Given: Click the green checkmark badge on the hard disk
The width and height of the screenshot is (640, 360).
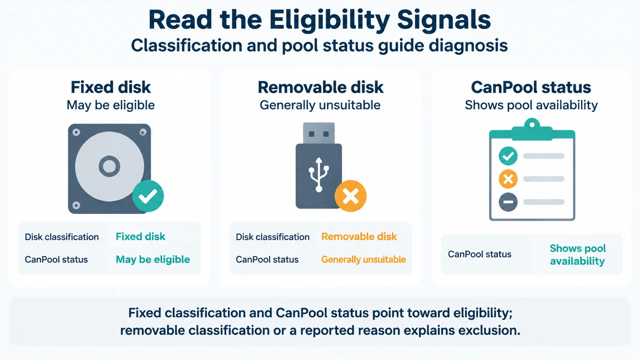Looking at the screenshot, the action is (148, 196).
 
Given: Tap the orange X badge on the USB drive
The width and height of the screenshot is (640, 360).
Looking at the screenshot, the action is (350, 196).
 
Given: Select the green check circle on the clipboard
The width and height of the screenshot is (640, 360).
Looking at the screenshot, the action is (508, 156).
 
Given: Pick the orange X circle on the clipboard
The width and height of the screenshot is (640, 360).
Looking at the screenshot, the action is (508, 179).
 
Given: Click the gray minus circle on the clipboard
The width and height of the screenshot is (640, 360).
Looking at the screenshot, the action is (508, 202).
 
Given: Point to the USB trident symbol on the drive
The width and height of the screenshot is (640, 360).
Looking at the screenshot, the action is (319, 174).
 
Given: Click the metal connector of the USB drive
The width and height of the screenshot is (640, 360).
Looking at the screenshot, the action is (319, 133).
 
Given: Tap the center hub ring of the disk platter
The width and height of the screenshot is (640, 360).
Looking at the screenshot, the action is (109, 166).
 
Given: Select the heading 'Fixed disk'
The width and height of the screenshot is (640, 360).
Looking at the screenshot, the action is (110, 87).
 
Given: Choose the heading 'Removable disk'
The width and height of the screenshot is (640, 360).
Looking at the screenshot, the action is (320, 87).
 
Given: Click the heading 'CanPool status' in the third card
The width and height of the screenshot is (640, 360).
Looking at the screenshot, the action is (531, 87).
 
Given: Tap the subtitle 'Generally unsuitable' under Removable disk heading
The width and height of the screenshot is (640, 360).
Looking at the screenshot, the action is (320, 105).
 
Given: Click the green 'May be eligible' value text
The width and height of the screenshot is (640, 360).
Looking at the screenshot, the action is (153, 259).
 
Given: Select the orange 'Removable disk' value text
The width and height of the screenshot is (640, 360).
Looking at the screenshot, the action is (359, 236).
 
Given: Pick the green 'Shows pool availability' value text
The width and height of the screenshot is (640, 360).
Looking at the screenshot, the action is (577, 254).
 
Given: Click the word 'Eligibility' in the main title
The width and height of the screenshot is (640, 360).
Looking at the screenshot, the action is (329, 20).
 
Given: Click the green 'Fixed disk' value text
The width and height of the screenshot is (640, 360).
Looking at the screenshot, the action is (140, 236).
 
